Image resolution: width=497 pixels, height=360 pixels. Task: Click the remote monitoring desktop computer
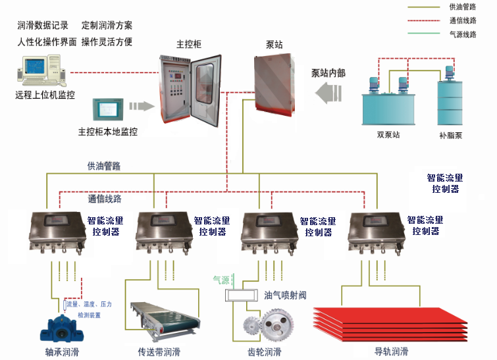(x=40, y=70)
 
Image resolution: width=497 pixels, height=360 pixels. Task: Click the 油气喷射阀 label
(x=285, y=296)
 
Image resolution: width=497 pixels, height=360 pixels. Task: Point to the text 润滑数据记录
(x=43, y=26)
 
